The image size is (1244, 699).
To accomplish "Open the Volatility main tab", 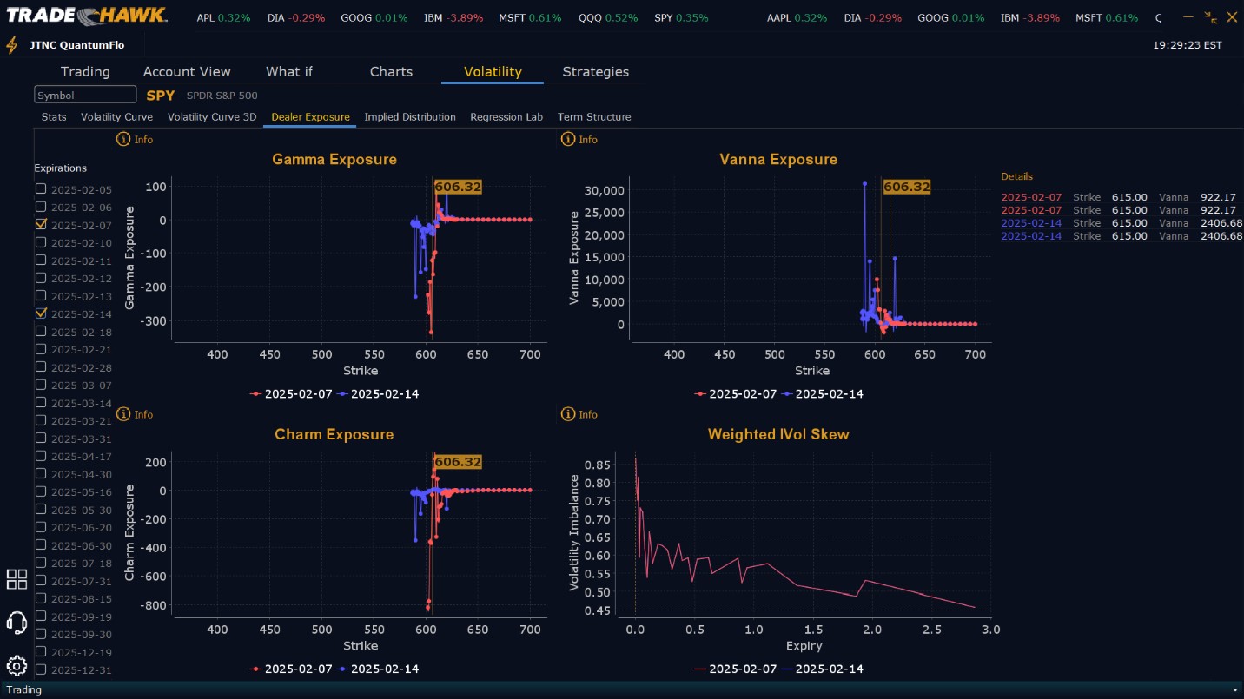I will (493, 72).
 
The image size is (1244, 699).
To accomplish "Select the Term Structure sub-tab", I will (594, 117).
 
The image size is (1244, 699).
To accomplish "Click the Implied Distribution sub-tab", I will (410, 117).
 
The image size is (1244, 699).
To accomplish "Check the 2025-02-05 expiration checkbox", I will (41, 189).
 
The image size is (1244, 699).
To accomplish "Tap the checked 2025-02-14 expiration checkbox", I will (41, 313).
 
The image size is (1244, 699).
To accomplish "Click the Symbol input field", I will (85, 95).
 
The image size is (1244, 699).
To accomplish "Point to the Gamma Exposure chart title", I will (334, 160).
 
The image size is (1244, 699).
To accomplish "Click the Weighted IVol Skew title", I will (778, 434).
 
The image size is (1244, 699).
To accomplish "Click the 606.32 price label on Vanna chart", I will (906, 187).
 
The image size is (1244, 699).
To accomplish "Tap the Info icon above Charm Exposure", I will (123, 414).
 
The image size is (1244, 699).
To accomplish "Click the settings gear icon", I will (17, 666).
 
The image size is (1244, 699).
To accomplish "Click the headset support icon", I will (17, 622).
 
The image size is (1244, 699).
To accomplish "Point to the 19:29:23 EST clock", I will (1187, 45).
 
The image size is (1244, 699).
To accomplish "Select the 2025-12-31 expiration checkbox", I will (41, 669).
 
